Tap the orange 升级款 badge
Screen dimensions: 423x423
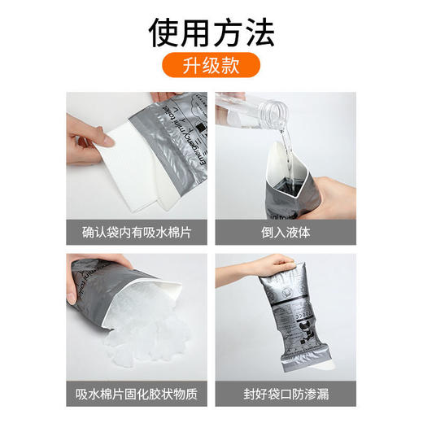tap(211, 65)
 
